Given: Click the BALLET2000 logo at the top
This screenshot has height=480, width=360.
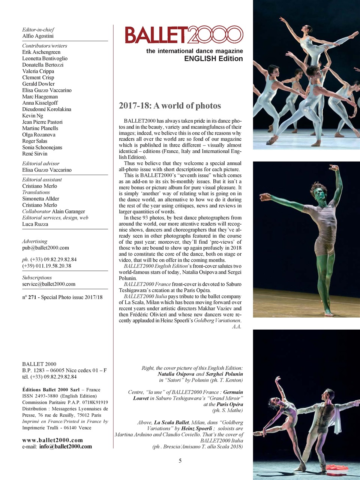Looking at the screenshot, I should pos(184,35).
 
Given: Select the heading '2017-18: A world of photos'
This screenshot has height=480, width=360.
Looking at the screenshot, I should pos(170,106).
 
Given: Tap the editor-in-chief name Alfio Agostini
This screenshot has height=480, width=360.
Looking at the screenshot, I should pos(38,36).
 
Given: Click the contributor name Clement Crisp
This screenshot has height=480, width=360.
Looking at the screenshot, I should pos(38,78).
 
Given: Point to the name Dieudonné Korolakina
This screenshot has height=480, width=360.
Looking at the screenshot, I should pos(46,109).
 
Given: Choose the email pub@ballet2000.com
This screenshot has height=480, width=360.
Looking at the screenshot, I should pos(45,248).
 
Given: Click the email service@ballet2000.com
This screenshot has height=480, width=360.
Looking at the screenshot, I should pos(49,284).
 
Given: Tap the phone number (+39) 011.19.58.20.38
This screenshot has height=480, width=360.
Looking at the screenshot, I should pos(46,266).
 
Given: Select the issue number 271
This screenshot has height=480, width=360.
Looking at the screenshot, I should pos(32,297).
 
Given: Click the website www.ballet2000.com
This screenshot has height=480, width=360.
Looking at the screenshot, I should pos(52,440).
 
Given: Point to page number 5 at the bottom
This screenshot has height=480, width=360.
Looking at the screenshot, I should pos(180,461).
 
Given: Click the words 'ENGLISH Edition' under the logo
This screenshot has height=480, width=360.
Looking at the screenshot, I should pos(213,59).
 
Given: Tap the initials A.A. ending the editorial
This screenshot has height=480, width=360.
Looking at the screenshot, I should pos(236,327).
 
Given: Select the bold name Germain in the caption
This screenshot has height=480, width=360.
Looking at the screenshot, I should pos(233,392).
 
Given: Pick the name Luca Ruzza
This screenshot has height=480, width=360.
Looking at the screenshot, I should pos(35,224).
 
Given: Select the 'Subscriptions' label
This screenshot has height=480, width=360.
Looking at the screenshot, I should pos(37,278).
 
